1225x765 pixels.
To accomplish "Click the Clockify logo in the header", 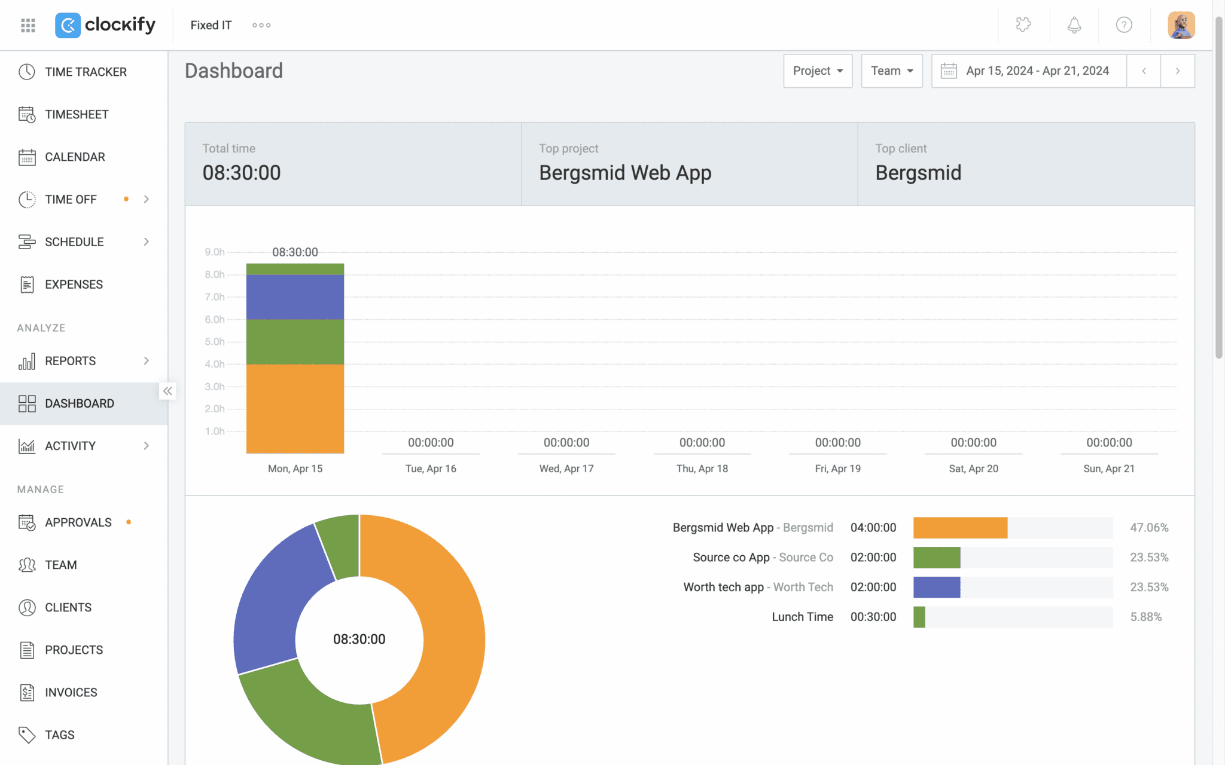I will pyautogui.click(x=105, y=25).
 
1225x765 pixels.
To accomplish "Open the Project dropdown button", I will pyautogui.click(x=817, y=71).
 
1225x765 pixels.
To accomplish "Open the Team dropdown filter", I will pyautogui.click(x=891, y=71).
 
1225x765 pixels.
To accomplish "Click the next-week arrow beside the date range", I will pyautogui.click(x=1177, y=71).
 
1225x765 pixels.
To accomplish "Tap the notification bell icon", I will pyautogui.click(x=1074, y=25).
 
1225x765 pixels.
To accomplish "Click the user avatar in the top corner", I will pyautogui.click(x=1181, y=25).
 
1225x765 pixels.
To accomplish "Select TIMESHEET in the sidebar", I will pyautogui.click(x=77, y=114).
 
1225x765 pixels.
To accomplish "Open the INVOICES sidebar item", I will pyautogui.click(x=71, y=692).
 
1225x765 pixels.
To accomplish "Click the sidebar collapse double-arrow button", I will pyautogui.click(x=168, y=391).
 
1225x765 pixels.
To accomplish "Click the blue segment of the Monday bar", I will pyautogui.click(x=295, y=297).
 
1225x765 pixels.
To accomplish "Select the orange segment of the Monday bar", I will pyautogui.click(x=295, y=409).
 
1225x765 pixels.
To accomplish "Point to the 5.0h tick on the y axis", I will pyautogui.click(x=214, y=342).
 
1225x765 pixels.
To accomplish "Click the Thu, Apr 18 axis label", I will pyautogui.click(x=702, y=469).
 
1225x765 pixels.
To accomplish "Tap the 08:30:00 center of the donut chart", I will pyautogui.click(x=359, y=639).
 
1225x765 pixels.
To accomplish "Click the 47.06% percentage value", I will pyautogui.click(x=1148, y=528).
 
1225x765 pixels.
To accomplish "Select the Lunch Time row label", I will pyautogui.click(x=802, y=617).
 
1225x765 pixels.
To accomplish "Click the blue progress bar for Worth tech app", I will pyautogui.click(x=936, y=587).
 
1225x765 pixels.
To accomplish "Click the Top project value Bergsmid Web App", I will pyautogui.click(x=624, y=173).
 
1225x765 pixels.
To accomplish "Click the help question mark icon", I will pyautogui.click(x=1123, y=25).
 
